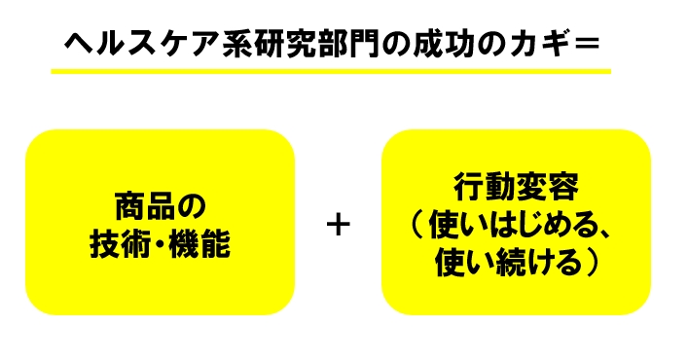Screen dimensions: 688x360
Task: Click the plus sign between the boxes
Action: pyautogui.click(x=339, y=226)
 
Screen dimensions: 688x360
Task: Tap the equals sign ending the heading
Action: pyautogui.click(x=587, y=44)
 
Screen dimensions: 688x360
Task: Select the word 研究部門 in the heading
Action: pyautogui.click(x=300, y=44)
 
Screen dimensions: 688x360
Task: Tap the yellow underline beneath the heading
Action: pyautogui.click(x=331, y=71)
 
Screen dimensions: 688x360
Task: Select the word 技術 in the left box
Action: pyautogui.click(x=120, y=243)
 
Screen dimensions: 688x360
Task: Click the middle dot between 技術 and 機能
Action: pyautogui.click(x=160, y=243)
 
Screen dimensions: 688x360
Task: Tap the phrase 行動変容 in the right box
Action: pyautogui.click(x=516, y=187)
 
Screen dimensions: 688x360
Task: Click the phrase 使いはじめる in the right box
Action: pyautogui.click(x=512, y=225)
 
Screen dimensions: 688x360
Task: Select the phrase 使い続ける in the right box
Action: pyautogui.click(x=505, y=262)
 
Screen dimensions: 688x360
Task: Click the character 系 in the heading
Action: pyautogui.click(x=236, y=44)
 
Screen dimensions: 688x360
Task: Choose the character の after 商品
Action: pyautogui.click(x=192, y=206)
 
